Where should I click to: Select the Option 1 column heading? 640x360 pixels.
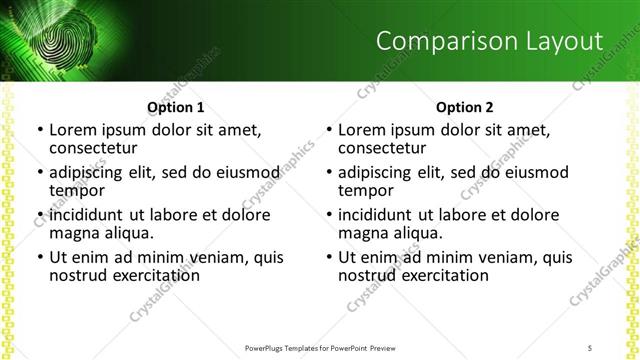(x=175, y=107)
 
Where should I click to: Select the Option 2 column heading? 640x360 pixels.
(x=464, y=107)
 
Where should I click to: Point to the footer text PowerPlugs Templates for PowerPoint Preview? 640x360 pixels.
(x=320, y=348)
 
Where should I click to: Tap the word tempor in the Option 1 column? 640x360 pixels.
(x=77, y=190)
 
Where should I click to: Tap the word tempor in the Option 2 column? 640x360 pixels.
(x=366, y=190)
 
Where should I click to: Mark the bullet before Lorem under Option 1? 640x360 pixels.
(x=39, y=130)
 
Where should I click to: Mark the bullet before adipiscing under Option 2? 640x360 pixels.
(x=328, y=173)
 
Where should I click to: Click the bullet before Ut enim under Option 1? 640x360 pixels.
(x=39, y=258)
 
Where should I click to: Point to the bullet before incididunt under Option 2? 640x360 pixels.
(x=328, y=216)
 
